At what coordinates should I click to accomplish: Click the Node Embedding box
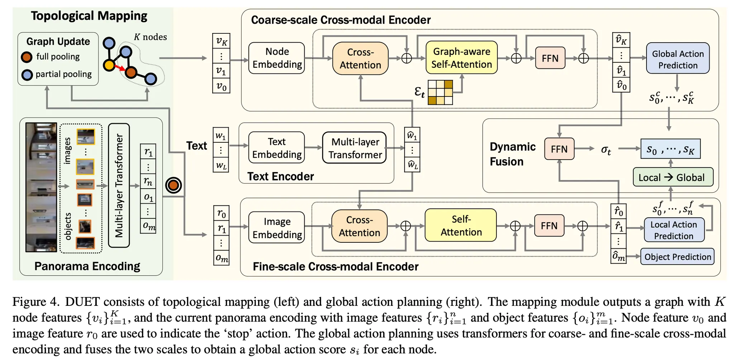point(277,58)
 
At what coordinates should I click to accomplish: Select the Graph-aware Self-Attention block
point(461,58)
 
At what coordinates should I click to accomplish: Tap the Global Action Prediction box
point(677,58)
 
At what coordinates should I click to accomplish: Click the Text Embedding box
point(277,148)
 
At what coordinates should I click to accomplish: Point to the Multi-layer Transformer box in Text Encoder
point(354,148)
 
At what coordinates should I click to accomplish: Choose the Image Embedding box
point(277,228)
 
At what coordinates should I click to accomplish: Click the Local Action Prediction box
point(673,230)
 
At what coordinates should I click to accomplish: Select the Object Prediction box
point(677,257)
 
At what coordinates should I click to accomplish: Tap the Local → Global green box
point(673,177)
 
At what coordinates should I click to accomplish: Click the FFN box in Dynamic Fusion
point(559,149)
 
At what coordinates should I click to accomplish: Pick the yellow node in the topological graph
point(109,65)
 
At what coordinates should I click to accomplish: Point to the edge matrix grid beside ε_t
point(440,93)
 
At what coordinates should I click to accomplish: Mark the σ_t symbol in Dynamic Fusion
point(606,150)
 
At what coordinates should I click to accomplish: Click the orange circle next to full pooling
point(27,57)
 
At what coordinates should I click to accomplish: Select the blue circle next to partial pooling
point(27,75)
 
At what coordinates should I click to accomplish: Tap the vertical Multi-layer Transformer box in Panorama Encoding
point(119,185)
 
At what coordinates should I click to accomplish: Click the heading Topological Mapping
point(89,16)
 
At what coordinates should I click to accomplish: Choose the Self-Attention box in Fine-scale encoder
point(461,226)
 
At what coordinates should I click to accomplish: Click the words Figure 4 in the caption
point(35,302)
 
